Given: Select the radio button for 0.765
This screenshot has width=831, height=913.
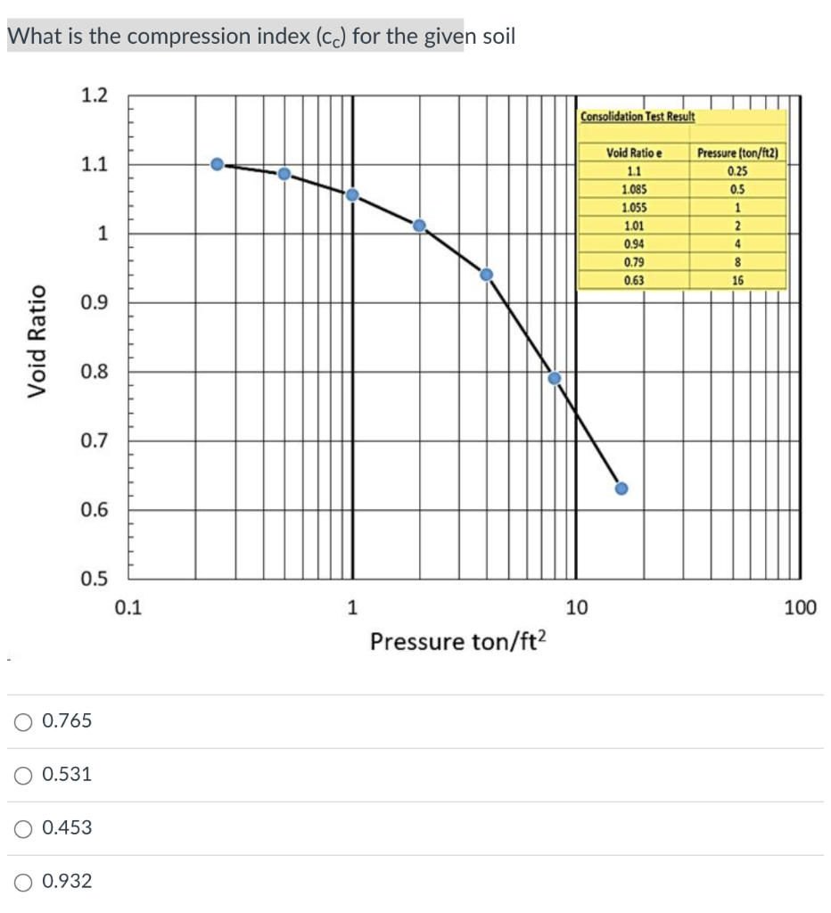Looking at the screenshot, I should click(24, 721).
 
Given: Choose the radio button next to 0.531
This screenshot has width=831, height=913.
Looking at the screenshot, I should click(24, 775).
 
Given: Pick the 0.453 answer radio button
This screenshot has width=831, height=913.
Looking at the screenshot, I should click(24, 828).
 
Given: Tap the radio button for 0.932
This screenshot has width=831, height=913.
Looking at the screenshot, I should click(24, 882).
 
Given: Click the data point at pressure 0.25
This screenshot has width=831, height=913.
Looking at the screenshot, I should click(217, 164).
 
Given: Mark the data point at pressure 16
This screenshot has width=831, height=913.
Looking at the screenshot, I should click(621, 489).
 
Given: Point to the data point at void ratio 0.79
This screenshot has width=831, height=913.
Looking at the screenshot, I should click(554, 378).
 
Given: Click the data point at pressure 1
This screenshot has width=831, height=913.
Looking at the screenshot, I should click(352, 194).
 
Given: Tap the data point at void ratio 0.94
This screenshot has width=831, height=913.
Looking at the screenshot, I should click(486, 274).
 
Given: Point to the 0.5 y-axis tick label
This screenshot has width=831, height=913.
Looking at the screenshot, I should click(95, 579).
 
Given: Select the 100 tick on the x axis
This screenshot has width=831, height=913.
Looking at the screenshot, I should click(800, 609).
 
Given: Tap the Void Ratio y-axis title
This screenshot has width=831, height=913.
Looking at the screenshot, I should click(37, 341).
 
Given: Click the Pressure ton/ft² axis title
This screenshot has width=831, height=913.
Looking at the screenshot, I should click(457, 641).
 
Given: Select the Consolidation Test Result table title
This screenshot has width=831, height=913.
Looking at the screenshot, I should click(638, 117).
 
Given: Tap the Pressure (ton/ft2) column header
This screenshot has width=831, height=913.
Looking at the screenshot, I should click(737, 153).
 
